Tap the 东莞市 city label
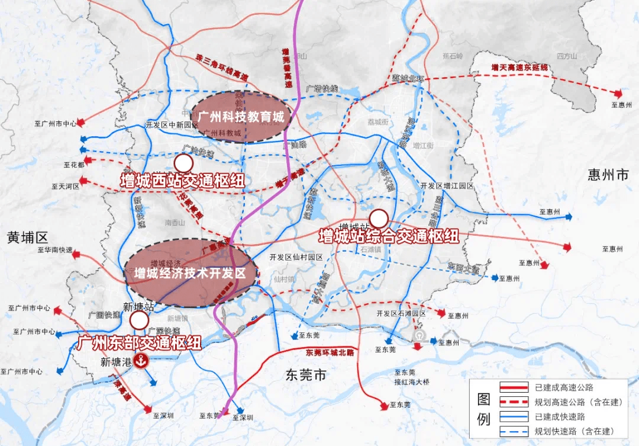click(305, 374)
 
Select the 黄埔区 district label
click(27, 238)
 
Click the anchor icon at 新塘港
click(141, 361)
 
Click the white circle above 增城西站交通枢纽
click(183, 163)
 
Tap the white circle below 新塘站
click(140, 321)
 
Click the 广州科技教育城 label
click(241, 117)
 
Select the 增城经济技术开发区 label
click(189, 273)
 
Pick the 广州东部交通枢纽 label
click(139, 342)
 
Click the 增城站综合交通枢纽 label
click(389, 236)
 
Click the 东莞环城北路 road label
click(330, 352)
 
